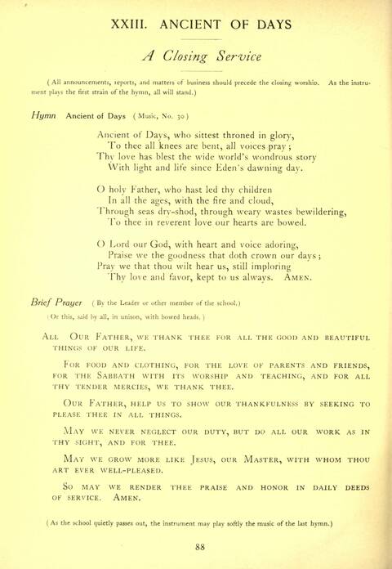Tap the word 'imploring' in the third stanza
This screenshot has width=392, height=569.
[313, 267]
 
